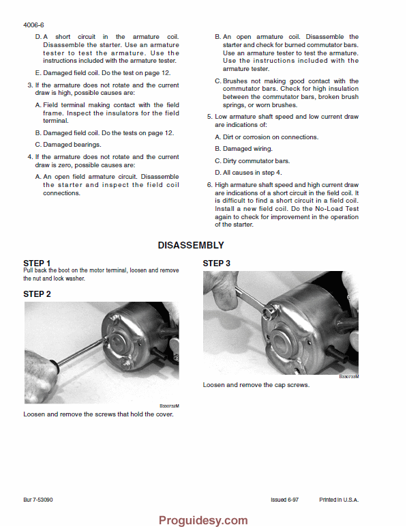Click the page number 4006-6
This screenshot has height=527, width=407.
click(33, 25)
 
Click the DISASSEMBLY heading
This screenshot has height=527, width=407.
click(191, 245)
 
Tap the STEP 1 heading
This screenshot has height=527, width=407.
click(37, 263)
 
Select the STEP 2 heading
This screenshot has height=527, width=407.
click(37, 294)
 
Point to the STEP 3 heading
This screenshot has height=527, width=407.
click(216, 263)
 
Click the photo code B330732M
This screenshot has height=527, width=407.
click(170, 406)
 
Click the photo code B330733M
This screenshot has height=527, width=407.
click(349, 377)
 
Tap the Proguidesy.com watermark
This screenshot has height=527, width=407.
click(203, 520)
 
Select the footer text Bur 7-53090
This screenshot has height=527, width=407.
click(38, 500)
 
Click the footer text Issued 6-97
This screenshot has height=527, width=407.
click(284, 500)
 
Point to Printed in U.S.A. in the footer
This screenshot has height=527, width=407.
click(339, 500)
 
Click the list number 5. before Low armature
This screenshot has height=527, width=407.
click(210, 117)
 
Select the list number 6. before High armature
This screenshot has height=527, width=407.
click(210, 185)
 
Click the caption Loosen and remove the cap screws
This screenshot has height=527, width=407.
click(256, 385)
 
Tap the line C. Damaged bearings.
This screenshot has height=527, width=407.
click(68, 145)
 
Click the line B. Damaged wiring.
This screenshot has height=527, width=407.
click(243, 149)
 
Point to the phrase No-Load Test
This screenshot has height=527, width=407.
click(337, 209)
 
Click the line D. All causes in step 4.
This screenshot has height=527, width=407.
click(248, 173)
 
